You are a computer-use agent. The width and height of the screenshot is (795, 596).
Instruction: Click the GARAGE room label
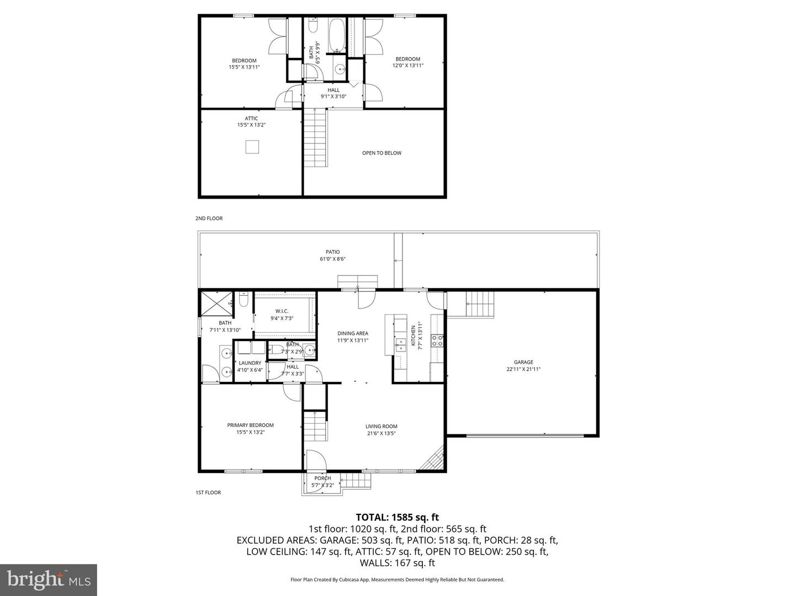[x=523, y=363]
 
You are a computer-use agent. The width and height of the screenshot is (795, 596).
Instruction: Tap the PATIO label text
[x=332, y=252]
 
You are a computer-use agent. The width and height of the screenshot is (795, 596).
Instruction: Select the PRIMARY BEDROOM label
[x=250, y=425]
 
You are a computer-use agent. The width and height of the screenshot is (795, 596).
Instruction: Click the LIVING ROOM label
[x=381, y=426]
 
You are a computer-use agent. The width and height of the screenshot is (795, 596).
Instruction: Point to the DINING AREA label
[x=353, y=333]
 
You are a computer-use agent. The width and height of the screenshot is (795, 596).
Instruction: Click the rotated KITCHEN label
[x=413, y=335]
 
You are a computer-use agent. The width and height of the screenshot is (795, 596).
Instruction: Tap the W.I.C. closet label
[x=282, y=311]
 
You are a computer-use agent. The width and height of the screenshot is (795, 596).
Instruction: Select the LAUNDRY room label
[x=250, y=363]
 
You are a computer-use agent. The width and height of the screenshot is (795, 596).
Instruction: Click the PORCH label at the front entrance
[x=322, y=478]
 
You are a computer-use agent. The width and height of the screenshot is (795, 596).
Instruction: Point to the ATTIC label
[x=251, y=118]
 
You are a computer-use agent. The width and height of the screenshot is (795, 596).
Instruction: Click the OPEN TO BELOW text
[x=381, y=153]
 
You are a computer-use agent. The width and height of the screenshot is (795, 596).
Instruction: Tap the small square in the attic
[x=252, y=147]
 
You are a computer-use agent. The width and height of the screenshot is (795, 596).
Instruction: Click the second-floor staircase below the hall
[x=316, y=138]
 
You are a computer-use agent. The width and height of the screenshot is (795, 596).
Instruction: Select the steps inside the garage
[x=479, y=304]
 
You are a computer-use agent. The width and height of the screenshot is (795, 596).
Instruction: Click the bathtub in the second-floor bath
[x=336, y=35]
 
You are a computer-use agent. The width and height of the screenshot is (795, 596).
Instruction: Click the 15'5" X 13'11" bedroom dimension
[x=244, y=67]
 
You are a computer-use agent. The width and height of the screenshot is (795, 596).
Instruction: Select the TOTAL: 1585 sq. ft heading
[x=397, y=517]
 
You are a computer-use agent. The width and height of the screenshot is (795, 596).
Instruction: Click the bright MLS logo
[x=49, y=579]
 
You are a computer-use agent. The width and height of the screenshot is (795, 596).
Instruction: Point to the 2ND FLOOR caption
[x=209, y=219]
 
